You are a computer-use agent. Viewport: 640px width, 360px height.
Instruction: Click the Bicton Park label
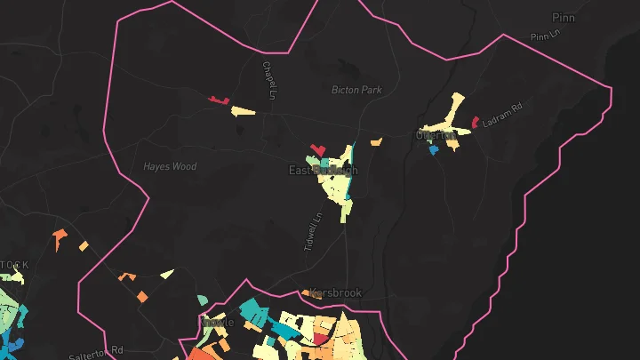[356, 90]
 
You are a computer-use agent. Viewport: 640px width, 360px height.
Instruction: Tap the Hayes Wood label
[170, 166]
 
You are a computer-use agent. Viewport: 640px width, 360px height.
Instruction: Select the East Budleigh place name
[323, 170]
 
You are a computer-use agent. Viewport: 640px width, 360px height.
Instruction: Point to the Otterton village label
[436, 136]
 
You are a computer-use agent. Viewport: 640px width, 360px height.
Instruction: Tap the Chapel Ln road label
[268, 79]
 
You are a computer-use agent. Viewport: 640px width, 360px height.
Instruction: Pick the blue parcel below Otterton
[434, 150]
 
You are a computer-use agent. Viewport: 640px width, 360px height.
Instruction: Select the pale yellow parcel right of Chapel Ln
[244, 111]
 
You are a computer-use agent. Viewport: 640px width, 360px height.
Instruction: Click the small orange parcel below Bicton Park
[376, 140]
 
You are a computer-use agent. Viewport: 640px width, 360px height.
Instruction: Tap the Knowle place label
[219, 322]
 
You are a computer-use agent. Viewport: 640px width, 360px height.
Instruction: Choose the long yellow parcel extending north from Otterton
[456, 107]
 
